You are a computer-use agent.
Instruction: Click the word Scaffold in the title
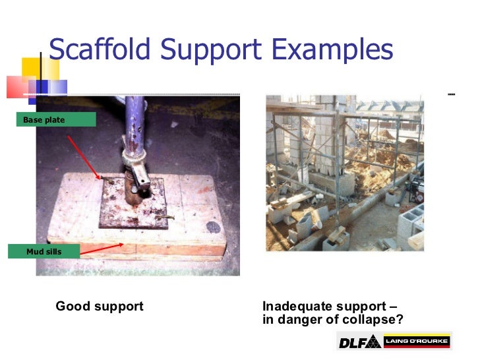click(95, 49)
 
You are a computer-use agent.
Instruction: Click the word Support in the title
click(213, 49)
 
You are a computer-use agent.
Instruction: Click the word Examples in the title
click(338, 49)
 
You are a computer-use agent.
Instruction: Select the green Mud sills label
click(44, 251)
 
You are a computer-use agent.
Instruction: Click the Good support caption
click(100, 307)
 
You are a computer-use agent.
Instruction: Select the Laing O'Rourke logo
click(417, 342)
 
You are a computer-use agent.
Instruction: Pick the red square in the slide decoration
click(18, 86)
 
